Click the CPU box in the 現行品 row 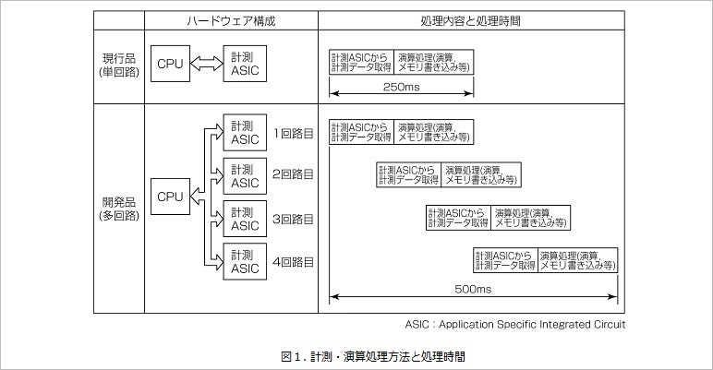(x=170, y=64)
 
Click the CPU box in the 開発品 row (x=170, y=197)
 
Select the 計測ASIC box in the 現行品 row (x=245, y=64)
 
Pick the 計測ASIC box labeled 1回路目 (x=245, y=133)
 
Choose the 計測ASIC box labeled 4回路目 (x=245, y=261)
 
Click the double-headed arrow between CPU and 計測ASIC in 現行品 (x=207, y=64)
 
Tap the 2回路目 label (x=293, y=174)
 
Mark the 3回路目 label (x=293, y=219)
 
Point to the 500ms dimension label (x=473, y=290)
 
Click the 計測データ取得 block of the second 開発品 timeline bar (x=408, y=174)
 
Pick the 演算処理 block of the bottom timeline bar (x=576, y=260)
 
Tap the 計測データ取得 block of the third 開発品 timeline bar (x=457, y=218)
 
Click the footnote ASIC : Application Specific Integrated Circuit (x=515, y=324)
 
